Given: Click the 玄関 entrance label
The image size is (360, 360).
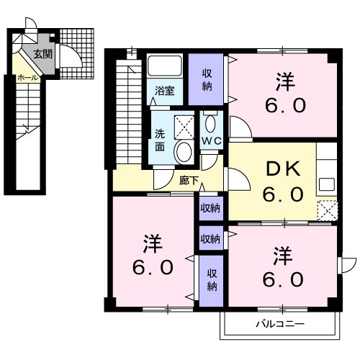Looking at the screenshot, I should [x=42, y=53].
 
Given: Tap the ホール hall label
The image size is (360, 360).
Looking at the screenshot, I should [x=27, y=76].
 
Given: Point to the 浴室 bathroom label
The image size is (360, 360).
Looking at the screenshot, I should [x=166, y=91].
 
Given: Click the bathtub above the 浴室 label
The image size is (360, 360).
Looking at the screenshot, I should [x=166, y=69].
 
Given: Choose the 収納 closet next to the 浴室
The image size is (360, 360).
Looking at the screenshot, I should [x=207, y=80].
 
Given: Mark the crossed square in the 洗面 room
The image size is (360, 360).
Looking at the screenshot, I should [x=186, y=126].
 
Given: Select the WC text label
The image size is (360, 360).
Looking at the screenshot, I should [x=211, y=140].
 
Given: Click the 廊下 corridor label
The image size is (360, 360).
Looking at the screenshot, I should [x=189, y=181].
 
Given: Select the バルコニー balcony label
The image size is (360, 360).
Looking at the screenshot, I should [x=279, y=324].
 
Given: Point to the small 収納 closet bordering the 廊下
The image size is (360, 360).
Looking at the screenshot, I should [x=210, y=209].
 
